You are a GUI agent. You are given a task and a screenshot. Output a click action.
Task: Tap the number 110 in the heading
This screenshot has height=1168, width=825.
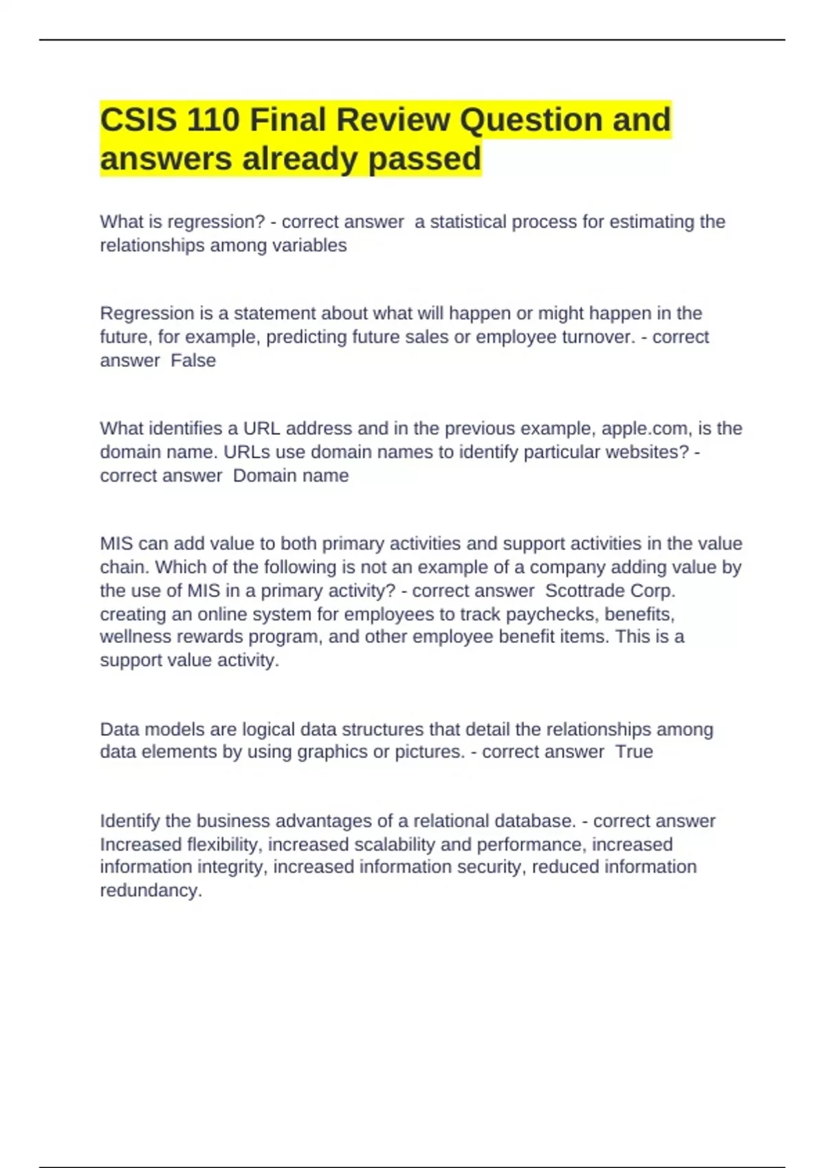pos(212,120)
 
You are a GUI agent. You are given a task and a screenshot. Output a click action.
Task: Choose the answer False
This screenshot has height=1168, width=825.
pos(193,361)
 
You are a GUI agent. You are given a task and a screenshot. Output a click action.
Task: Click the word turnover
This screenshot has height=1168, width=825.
pos(598,337)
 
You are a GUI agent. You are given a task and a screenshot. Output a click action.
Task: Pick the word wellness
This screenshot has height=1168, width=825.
pos(135,637)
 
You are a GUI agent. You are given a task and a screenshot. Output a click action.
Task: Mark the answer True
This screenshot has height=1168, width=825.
pos(634,752)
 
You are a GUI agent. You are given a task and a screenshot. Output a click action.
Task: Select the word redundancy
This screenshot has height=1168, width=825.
pos(151,890)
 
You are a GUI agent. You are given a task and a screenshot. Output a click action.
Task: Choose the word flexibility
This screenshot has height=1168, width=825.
pos(222,844)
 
